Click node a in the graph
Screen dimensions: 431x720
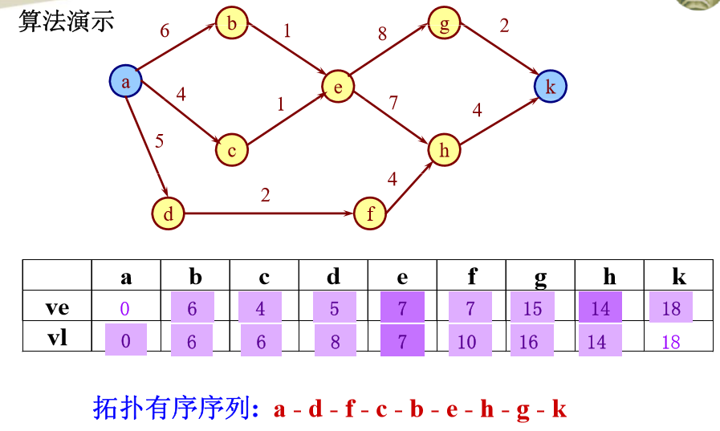tap(125, 81)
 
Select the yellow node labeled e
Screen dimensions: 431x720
tap(338, 87)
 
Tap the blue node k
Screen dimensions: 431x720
tap(550, 86)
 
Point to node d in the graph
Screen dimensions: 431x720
tap(168, 213)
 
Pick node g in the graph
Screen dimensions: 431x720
tap(443, 23)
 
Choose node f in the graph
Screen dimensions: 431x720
tap(370, 214)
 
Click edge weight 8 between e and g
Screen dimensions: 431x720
tap(382, 34)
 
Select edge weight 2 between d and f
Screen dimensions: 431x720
tap(265, 195)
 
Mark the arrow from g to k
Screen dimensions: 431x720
tap(497, 55)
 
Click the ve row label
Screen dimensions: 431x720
tap(55, 308)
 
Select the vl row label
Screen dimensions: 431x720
tap(55, 340)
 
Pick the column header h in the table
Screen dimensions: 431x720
tap(609, 277)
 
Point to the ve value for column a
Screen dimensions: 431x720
tap(124, 309)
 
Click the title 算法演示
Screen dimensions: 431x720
tap(67, 21)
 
